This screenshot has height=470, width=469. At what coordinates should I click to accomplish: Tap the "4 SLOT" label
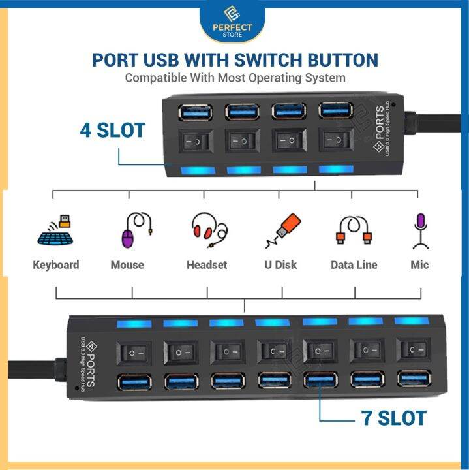[x=112, y=129]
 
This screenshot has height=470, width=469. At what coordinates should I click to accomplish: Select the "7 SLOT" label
[x=393, y=417]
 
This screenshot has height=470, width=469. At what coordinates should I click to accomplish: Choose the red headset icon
[x=208, y=230]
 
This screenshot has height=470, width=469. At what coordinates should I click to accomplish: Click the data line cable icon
[x=353, y=231]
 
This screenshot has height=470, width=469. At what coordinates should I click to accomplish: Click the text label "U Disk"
[x=281, y=264]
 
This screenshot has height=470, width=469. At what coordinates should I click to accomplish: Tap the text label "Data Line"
[x=354, y=264]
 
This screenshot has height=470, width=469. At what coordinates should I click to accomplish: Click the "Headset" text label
[x=207, y=264]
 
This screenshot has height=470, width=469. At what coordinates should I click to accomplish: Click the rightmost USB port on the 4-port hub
[x=336, y=110]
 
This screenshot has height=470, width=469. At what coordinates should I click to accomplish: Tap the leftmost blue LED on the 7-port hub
[x=134, y=323]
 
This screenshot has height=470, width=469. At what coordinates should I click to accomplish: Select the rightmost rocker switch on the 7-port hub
[x=414, y=352]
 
